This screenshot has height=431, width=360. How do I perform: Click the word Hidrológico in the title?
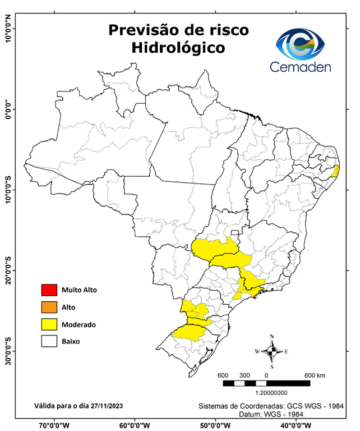coord(178,49)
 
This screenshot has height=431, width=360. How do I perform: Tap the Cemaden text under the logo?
coord(301,67)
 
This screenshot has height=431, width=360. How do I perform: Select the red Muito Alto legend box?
coord(49,290)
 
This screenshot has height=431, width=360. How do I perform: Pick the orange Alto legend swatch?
coord(49,307)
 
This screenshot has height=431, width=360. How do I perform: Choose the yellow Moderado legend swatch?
coord(49,324)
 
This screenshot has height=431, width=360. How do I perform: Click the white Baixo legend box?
coord(49,341)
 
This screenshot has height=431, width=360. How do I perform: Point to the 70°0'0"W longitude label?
coord(54,425)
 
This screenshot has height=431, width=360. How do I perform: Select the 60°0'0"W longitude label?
coord(135,425)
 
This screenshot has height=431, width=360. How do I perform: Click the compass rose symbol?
coord(272,351)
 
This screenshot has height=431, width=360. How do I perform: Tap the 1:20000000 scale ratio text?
coord(271,393)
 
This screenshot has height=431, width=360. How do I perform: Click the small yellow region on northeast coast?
coord(336,171)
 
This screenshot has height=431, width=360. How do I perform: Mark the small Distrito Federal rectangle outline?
coord(234,232)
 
